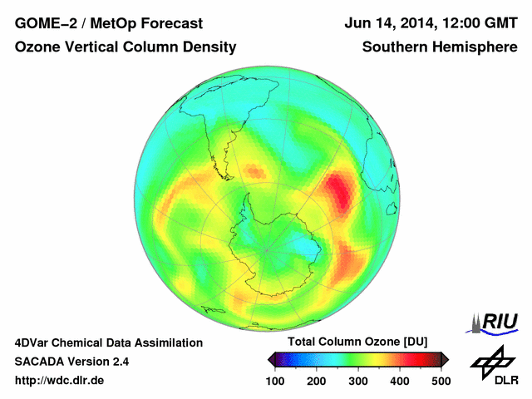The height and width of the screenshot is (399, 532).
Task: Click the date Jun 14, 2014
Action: (x=389, y=24)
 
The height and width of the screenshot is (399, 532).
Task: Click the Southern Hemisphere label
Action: (x=439, y=48)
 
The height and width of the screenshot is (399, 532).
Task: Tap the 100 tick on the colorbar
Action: (x=274, y=381)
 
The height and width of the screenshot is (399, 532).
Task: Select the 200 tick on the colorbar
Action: (x=316, y=381)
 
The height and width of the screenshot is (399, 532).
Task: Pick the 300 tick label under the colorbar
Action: (x=358, y=381)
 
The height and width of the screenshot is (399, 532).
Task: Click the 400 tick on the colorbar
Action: (x=400, y=381)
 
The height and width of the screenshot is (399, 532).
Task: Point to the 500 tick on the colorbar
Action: (x=441, y=381)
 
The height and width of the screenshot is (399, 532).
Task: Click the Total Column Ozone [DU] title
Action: (x=357, y=342)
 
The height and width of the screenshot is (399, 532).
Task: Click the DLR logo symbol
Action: (x=491, y=362)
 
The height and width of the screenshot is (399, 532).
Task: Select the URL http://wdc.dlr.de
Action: (x=60, y=381)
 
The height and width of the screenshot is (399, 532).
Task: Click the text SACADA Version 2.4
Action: (x=72, y=362)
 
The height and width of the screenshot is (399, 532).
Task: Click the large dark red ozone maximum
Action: (x=338, y=191)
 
